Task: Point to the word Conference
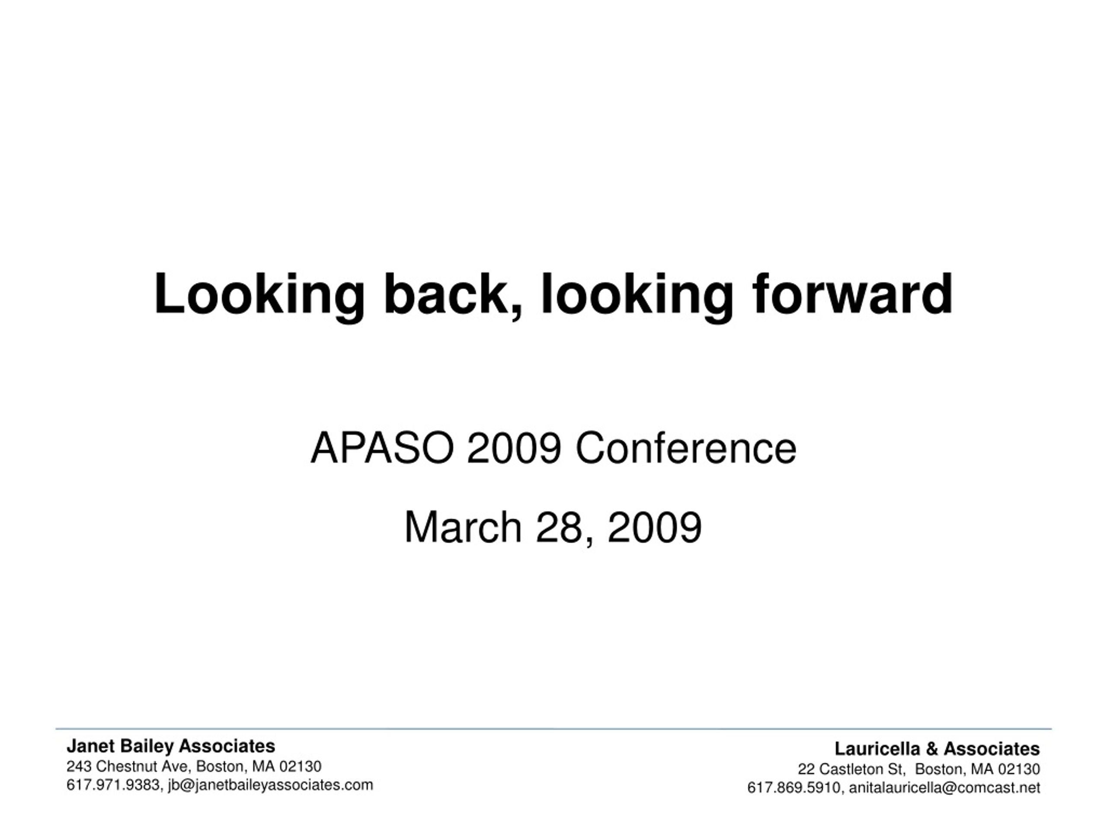coord(686,448)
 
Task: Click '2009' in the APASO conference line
coord(514,448)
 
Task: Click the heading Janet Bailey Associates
coord(171,746)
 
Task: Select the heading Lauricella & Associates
coord(937,749)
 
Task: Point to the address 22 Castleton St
coord(851,769)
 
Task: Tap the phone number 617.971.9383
coord(113,785)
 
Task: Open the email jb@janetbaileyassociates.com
coord(271,785)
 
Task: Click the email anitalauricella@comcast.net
coord(944,788)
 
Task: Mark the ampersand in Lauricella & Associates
coord(931,749)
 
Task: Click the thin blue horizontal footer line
coord(553,729)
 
